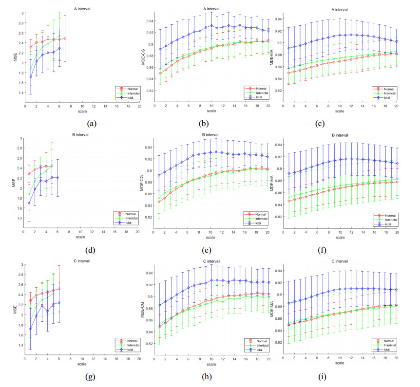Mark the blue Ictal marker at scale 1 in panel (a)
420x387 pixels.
pos(31,76)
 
